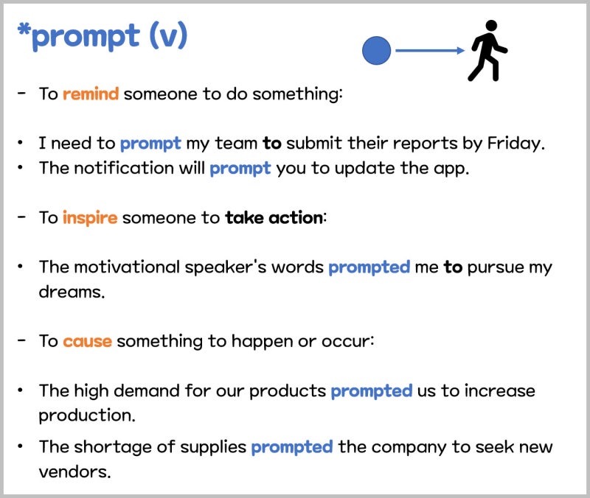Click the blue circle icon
click(x=376, y=50)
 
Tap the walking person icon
click(x=487, y=50)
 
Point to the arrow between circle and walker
click(x=430, y=50)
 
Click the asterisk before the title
click(x=24, y=29)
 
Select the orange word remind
click(x=91, y=94)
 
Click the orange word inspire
click(x=90, y=218)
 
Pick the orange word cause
click(x=87, y=342)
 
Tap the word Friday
click(x=516, y=144)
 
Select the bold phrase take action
click(x=274, y=218)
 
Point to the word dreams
click(x=72, y=292)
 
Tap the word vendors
click(x=74, y=471)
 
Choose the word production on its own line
click(x=86, y=415)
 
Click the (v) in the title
click(x=168, y=35)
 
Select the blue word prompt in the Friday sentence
click(x=150, y=144)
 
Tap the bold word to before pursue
click(x=453, y=267)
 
